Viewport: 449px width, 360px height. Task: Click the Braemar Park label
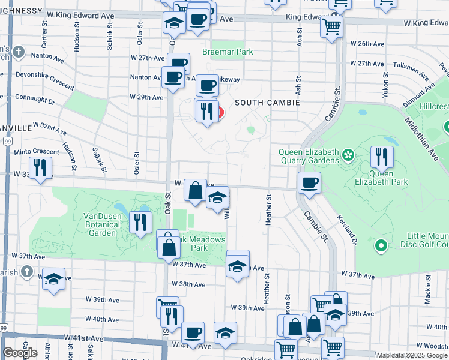(x=228, y=52)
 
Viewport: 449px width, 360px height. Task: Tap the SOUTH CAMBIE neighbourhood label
(x=267, y=103)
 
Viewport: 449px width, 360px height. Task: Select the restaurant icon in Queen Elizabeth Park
(x=382, y=157)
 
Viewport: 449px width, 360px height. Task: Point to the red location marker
(x=219, y=112)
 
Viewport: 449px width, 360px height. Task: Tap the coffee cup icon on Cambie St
(x=309, y=182)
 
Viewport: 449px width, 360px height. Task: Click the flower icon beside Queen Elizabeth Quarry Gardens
(x=347, y=157)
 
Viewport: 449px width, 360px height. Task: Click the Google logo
(x=20, y=353)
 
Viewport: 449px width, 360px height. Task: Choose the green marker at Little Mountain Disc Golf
(x=380, y=245)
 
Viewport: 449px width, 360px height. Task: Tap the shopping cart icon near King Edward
(x=331, y=26)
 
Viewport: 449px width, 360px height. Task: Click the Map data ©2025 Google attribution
(x=412, y=355)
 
